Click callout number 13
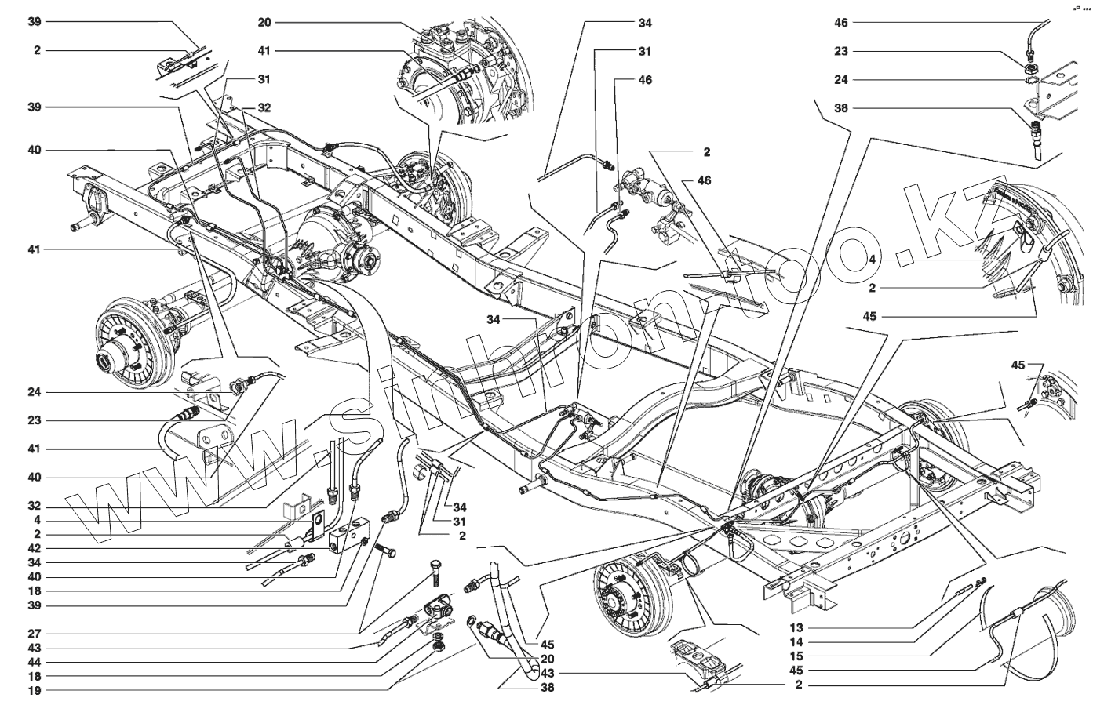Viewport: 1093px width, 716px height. click(x=797, y=628)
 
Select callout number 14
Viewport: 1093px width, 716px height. click(x=797, y=642)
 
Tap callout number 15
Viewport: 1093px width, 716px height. click(x=797, y=656)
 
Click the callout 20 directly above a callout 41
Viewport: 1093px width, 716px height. click(x=264, y=23)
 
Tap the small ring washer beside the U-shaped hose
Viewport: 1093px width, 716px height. click(x=471, y=622)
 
